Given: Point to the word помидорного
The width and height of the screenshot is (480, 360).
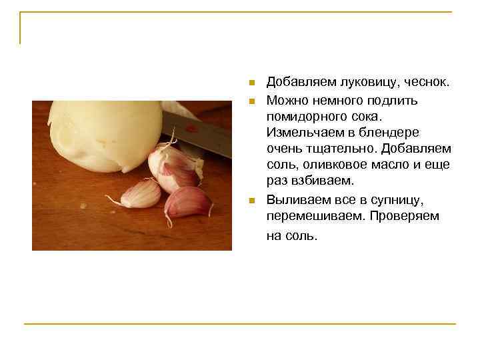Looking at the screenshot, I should click(307, 116).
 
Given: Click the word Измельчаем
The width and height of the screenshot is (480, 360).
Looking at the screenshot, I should click(307, 133).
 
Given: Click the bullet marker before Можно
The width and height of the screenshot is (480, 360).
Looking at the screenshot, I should click(251, 101).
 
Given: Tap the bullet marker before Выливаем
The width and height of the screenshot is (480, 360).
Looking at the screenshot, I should click(251, 201).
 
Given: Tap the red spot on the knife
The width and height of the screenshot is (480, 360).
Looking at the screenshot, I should click(191, 128).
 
